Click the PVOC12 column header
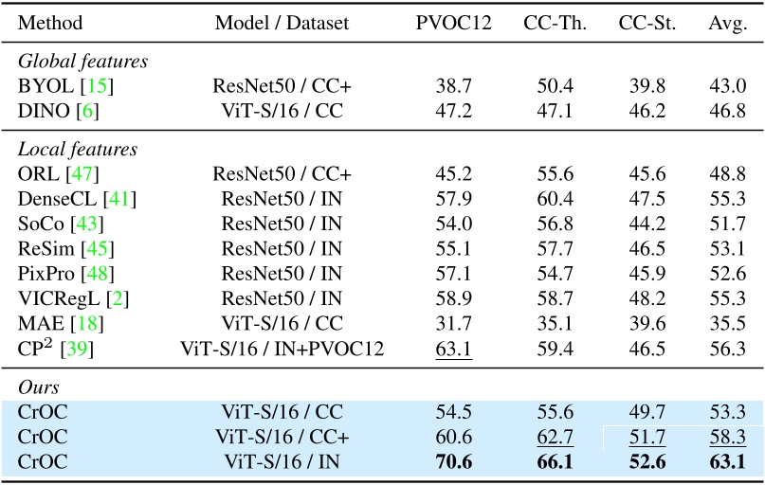[x=454, y=23]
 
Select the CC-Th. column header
[x=556, y=23]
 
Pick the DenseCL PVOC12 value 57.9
[x=454, y=198]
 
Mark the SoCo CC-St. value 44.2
[x=649, y=224]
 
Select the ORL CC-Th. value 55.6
[x=556, y=173]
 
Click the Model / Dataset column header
[x=282, y=23]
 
